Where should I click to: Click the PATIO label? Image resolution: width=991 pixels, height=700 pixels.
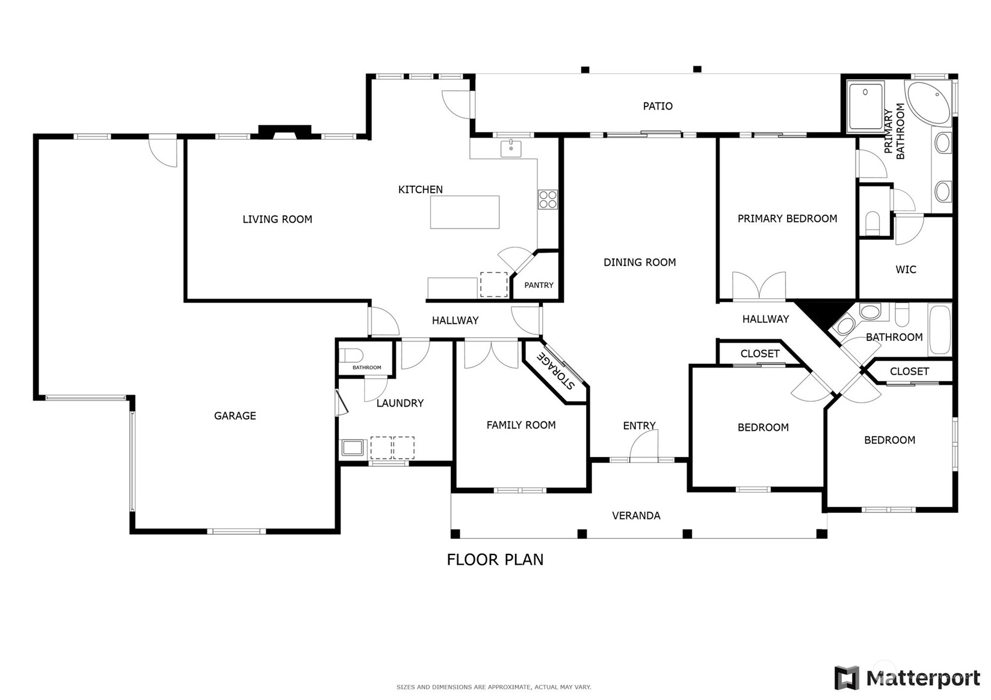[658, 106]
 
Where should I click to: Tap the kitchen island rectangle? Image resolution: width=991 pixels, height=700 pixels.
[465, 212]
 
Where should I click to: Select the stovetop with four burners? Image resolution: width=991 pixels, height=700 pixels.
[548, 200]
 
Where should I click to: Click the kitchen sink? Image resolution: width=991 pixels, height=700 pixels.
[510, 149]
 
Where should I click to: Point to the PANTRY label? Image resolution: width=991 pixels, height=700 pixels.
[539, 285]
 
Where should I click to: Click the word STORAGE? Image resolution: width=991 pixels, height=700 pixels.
[555, 370]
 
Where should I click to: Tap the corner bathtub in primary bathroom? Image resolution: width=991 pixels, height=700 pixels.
[928, 103]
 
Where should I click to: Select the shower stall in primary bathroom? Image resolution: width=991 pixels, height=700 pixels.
[865, 106]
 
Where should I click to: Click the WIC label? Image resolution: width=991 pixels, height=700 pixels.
[906, 270]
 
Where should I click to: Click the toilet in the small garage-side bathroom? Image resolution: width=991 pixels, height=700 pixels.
[351, 355]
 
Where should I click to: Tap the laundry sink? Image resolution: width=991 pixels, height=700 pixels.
[353, 448]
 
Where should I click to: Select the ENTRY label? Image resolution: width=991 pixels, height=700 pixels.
[639, 426]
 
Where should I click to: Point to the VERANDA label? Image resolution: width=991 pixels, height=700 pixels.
[636, 515]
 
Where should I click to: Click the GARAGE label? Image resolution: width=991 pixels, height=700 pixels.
[235, 416]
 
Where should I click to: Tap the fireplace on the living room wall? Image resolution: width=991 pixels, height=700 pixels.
[285, 132]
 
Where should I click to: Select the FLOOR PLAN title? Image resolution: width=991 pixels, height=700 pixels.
[495, 560]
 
